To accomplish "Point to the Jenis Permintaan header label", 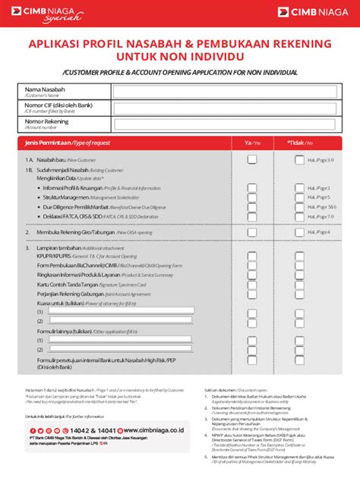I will pyautogui.click(x=68, y=143).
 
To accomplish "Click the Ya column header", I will pyautogui.click(x=251, y=143).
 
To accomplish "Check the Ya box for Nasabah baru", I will pyautogui.click(x=251, y=160).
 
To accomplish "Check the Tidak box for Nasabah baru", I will pyautogui.click(x=298, y=160).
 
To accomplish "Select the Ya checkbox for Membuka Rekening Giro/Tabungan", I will pyautogui.click(x=251, y=232).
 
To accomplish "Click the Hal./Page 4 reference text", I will pyautogui.click(x=319, y=232).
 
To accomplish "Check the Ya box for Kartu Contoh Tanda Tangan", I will pyautogui.click(x=251, y=285).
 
